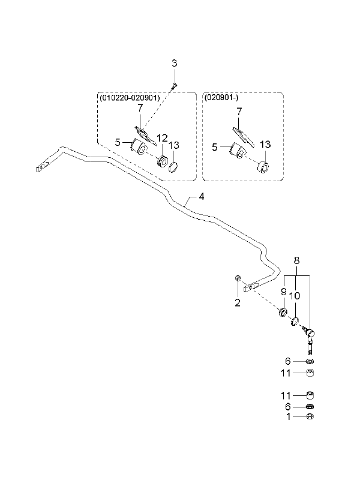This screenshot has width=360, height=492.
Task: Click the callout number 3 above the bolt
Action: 174,63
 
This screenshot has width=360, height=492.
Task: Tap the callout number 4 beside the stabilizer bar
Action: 201,197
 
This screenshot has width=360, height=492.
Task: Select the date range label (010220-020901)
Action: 130,98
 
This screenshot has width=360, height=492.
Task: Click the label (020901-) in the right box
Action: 221,98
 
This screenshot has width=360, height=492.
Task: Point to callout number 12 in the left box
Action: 162,138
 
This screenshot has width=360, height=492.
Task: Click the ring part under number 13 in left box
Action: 173,167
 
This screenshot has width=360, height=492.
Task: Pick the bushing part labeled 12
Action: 162,161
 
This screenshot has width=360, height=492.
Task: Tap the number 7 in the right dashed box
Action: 239,111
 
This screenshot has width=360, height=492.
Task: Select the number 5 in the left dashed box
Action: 118,142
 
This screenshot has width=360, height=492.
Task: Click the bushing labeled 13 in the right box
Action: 263,167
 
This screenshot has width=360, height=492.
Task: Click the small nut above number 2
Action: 238,278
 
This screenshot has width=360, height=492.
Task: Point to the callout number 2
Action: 237,302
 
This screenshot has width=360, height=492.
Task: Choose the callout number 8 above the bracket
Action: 296,260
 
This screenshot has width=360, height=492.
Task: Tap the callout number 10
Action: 295,296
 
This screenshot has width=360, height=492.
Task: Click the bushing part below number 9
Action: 283,313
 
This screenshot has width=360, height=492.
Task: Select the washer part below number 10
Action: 295,322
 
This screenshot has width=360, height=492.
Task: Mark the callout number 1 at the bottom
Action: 289,416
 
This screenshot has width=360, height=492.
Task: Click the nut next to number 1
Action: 310,416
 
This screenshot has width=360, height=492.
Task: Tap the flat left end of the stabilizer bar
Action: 43,166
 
